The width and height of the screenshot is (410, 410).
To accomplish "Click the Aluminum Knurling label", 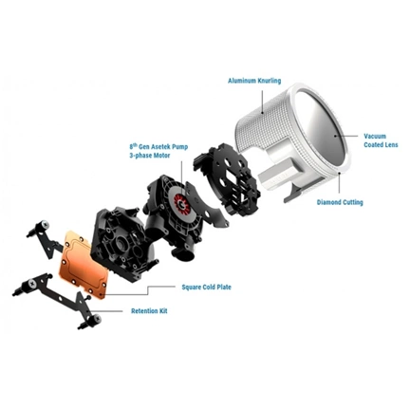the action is coord(254,81).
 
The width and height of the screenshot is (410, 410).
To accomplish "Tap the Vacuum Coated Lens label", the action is coord(381,140).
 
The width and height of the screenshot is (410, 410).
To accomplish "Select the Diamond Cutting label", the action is coord(340,202).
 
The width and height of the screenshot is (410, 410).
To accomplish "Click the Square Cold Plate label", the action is coord(206,288).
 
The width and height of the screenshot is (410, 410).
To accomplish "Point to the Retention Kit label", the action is coord(149,311).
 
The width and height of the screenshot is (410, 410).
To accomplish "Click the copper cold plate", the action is coord(84,264).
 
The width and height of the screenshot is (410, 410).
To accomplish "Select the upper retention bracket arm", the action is coord(46,239).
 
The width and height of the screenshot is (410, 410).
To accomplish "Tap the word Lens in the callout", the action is coord(390,144).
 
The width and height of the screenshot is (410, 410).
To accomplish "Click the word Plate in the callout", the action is coord(223,288).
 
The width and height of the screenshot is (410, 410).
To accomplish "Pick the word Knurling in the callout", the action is coord(269,81).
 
